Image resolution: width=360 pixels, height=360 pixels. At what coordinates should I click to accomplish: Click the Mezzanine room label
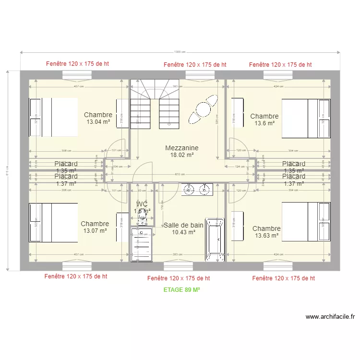[x=181, y=148]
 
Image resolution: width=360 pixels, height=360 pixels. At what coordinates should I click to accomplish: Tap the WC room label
[x=142, y=204]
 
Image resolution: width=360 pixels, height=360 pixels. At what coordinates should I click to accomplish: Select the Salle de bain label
[x=183, y=225]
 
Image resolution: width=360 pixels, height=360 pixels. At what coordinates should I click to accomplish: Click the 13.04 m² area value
[x=98, y=122]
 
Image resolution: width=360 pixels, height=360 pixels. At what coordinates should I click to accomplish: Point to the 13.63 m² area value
[x=267, y=236]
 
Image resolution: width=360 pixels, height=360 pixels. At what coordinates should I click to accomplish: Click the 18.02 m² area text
[x=182, y=155]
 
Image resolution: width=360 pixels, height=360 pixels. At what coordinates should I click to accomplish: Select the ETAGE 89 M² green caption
[x=181, y=290]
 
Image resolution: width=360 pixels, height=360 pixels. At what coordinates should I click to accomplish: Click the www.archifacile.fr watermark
[x=330, y=317]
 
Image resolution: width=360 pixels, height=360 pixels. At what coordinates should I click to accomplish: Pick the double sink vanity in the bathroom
[x=197, y=190]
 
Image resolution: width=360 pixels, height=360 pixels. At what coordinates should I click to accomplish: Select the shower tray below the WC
[x=142, y=245]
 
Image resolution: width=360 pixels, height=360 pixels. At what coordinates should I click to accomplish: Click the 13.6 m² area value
[x=264, y=123]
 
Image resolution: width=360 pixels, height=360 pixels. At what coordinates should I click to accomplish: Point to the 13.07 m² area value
[x=95, y=231]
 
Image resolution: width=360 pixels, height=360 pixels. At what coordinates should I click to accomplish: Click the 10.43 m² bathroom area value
[x=183, y=232]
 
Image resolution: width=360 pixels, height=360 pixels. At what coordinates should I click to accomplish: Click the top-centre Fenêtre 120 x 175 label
[x=194, y=64]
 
